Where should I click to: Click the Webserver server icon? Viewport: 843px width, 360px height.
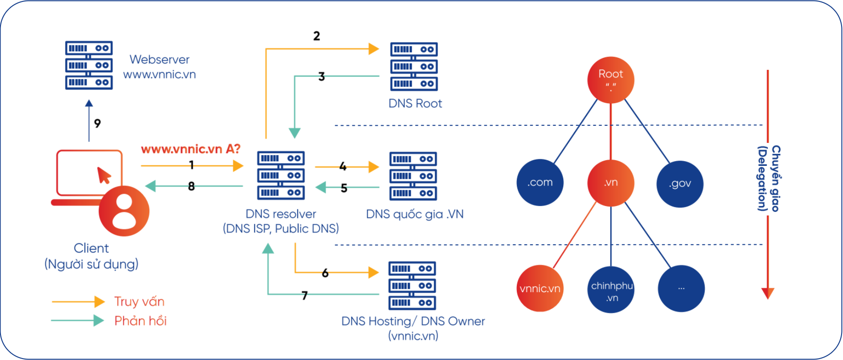(89, 65)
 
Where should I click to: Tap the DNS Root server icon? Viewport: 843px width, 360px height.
(414, 67)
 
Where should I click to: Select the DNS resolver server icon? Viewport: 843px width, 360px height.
(281, 175)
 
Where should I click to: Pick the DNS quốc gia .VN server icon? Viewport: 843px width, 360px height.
(413, 176)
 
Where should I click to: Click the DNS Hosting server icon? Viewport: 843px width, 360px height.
(412, 286)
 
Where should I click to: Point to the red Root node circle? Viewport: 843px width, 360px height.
(611, 80)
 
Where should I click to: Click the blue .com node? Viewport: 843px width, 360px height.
(540, 183)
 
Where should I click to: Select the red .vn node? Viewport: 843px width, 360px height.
(611, 183)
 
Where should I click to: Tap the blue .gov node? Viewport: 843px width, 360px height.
(680, 184)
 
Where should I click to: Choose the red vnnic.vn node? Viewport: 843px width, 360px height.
(540, 289)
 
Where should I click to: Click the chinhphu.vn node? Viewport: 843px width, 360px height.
(611, 290)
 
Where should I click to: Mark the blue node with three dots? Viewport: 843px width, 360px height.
(681, 289)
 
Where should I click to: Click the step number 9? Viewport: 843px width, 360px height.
(98, 123)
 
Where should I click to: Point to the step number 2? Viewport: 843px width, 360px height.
(317, 36)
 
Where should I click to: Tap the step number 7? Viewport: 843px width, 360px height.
(305, 295)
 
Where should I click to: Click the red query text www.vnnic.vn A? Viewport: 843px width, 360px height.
(190, 149)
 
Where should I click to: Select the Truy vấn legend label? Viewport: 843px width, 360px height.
(139, 302)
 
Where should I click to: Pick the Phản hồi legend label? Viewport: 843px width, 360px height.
(140, 321)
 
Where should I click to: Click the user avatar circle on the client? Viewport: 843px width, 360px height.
(124, 211)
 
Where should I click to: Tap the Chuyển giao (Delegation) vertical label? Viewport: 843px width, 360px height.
(769, 179)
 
